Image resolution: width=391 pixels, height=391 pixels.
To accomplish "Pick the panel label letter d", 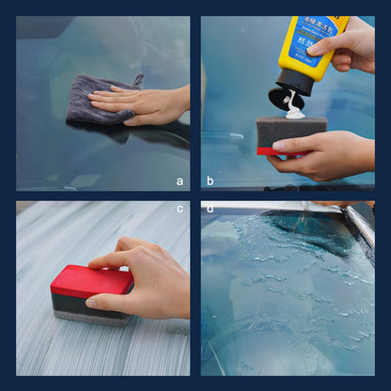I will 211,210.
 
